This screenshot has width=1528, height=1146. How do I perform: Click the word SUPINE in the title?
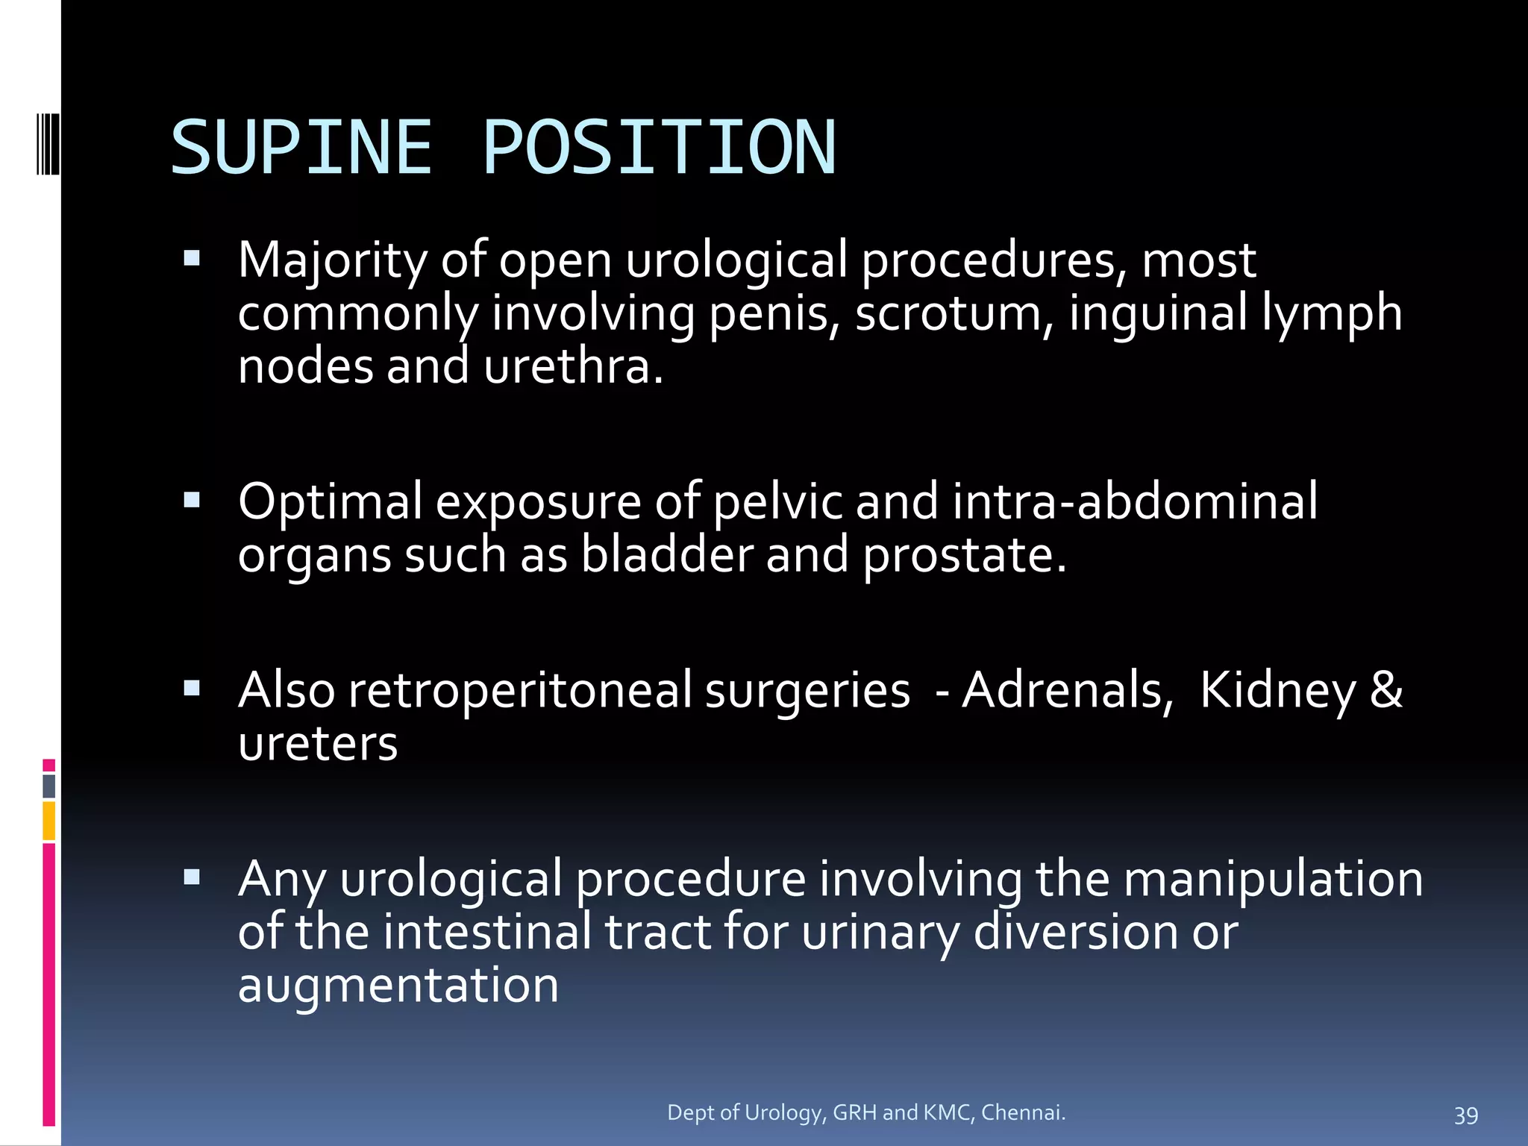pyautogui.click(x=301, y=148)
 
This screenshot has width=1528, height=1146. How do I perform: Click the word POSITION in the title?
pyautogui.click(x=660, y=148)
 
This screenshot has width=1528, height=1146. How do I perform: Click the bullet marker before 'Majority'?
pyautogui.click(x=192, y=259)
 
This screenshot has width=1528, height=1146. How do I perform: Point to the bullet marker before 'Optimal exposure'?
pyautogui.click(x=192, y=499)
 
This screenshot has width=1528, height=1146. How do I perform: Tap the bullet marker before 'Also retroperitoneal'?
pyautogui.click(x=192, y=688)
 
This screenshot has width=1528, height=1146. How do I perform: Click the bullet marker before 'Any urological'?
pyautogui.click(x=192, y=877)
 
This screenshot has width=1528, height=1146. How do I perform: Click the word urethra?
pyautogui.click(x=572, y=367)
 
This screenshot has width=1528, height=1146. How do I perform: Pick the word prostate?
pyautogui.click(x=964, y=556)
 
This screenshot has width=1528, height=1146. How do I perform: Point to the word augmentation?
pyautogui.click(x=398, y=986)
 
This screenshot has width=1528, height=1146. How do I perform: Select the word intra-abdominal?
pyautogui.click(x=1135, y=501)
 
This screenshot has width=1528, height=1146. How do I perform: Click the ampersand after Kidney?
pyautogui.click(x=1386, y=689)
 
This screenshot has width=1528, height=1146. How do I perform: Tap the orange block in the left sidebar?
pyautogui.click(x=49, y=821)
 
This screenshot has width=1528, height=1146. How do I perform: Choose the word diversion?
pyautogui.click(x=1075, y=932)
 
